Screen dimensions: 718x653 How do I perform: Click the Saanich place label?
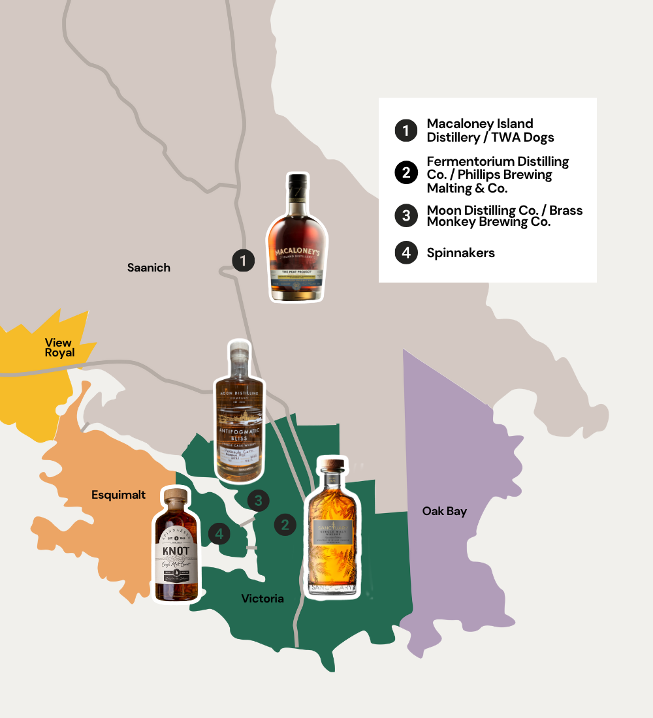[x=149, y=268]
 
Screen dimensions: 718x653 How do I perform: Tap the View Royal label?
[x=59, y=347]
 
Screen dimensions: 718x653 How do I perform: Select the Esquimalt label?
[x=118, y=495]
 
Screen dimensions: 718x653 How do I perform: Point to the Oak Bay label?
[x=445, y=511]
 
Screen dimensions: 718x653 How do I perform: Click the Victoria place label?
[x=263, y=599]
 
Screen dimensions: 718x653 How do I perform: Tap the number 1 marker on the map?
[x=243, y=261]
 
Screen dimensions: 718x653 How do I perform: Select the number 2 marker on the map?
[x=285, y=524]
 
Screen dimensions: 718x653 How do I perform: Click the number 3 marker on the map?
[x=259, y=501]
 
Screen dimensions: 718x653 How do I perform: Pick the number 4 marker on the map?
[x=219, y=534]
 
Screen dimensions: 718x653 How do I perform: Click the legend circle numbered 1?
[x=406, y=131]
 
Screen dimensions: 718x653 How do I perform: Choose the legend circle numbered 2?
[x=406, y=173]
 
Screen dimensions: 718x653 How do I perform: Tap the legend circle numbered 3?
[x=406, y=216]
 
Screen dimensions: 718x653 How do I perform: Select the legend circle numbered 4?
[x=406, y=253]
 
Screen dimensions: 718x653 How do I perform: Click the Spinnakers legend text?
[x=461, y=253]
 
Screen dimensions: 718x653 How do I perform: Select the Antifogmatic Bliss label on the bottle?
[x=238, y=433]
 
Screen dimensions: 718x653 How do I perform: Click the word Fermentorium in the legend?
[x=469, y=161]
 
